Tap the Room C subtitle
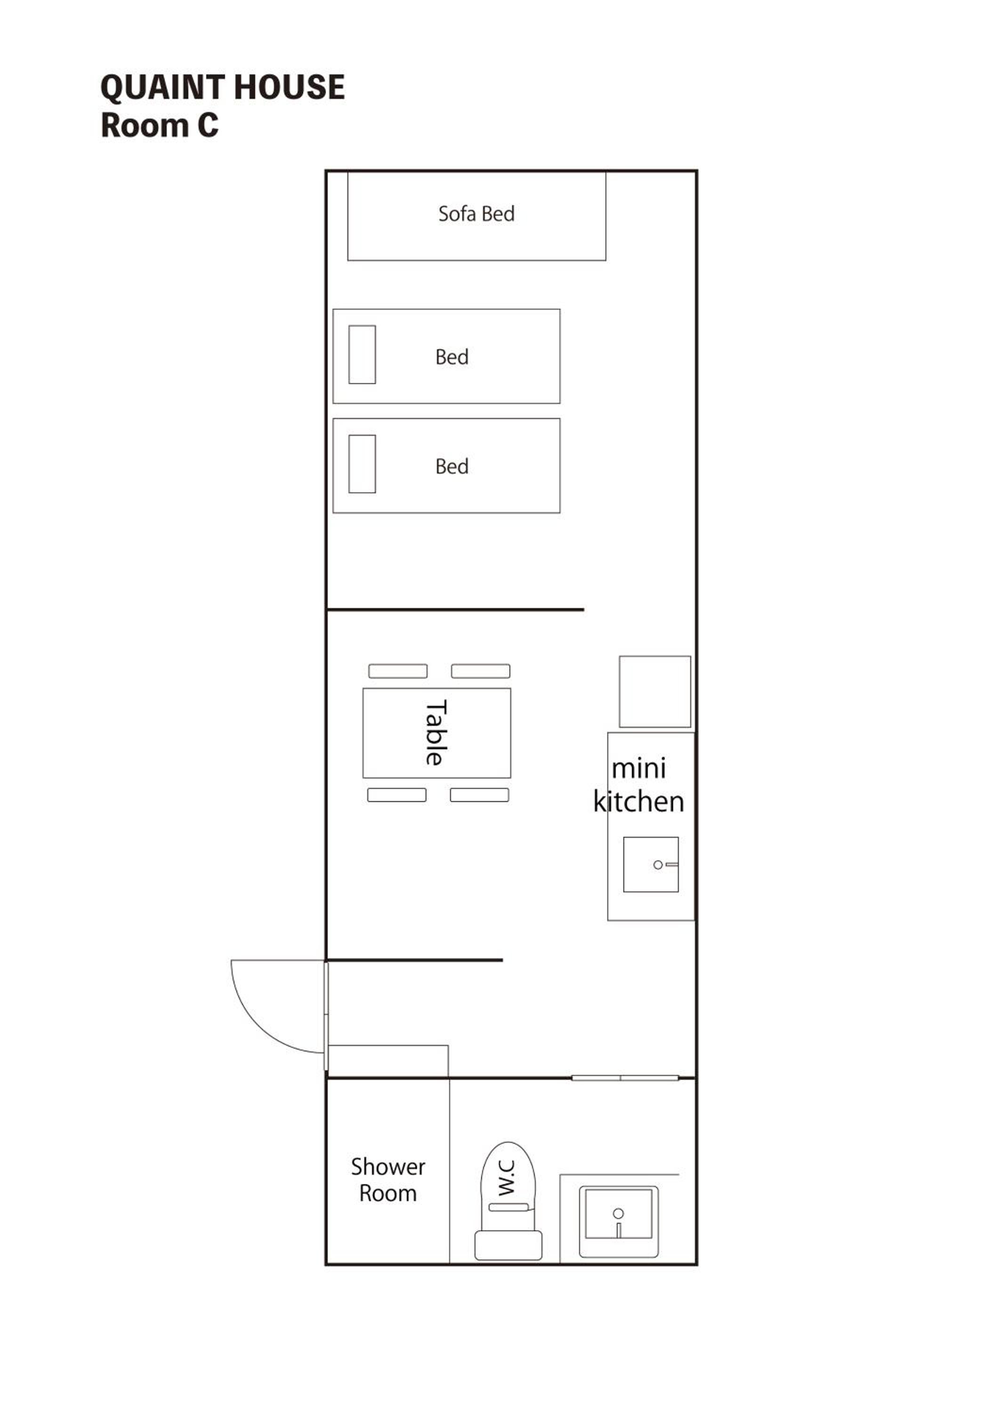[x=159, y=126]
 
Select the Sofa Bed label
[x=476, y=213]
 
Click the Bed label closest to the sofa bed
[x=451, y=357]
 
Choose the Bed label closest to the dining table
[x=451, y=466]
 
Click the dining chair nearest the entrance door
[x=397, y=795]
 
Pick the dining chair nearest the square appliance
[x=480, y=671]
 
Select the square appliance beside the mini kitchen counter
[x=654, y=691]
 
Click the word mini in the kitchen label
[x=638, y=768]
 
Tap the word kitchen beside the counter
[x=638, y=802]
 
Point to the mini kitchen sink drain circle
[x=658, y=865]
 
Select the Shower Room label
[x=387, y=1179]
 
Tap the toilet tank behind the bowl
[x=508, y=1245]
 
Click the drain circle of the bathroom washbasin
[x=618, y=1213]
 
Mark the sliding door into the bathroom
[x=625, y=1078]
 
